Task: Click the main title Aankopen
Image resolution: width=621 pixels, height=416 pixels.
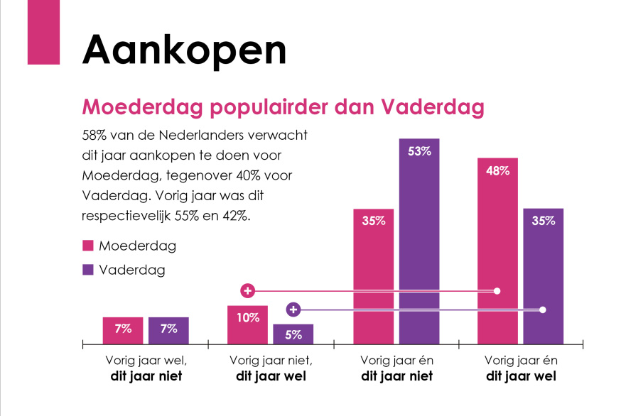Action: click(x=184, y=50)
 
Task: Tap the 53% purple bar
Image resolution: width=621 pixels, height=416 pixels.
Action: click(x=419, y=241)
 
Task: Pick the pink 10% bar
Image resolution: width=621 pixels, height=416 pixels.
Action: click(x=247, y=325)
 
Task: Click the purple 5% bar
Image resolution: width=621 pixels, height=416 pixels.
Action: click(x=293, y=334)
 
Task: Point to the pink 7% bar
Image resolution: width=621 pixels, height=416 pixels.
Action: click(x=123, y=330)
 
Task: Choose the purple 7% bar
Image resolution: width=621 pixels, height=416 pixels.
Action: click(x=168, y=330)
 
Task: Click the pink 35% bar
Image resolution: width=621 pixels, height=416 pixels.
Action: click(x=373, y=277)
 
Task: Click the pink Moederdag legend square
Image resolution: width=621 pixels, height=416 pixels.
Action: click(x=88, y=246)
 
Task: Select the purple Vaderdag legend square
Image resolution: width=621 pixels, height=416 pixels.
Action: click(x=88, y=270)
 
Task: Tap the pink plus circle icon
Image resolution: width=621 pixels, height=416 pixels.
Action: click(x=247, y=291)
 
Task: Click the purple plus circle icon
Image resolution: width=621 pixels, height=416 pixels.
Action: click(x=293, y=310)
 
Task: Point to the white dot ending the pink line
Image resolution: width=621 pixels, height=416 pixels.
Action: click(x=497, y=291)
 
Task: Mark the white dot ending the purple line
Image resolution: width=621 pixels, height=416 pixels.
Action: click(x=544, y=310)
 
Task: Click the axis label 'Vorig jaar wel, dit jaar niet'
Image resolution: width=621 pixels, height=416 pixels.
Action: click(x=146, y=368)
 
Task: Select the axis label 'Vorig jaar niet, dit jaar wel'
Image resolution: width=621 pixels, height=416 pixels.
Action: click(x=271, y=368)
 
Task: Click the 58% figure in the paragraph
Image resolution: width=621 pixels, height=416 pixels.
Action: click(x=96, y=134)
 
